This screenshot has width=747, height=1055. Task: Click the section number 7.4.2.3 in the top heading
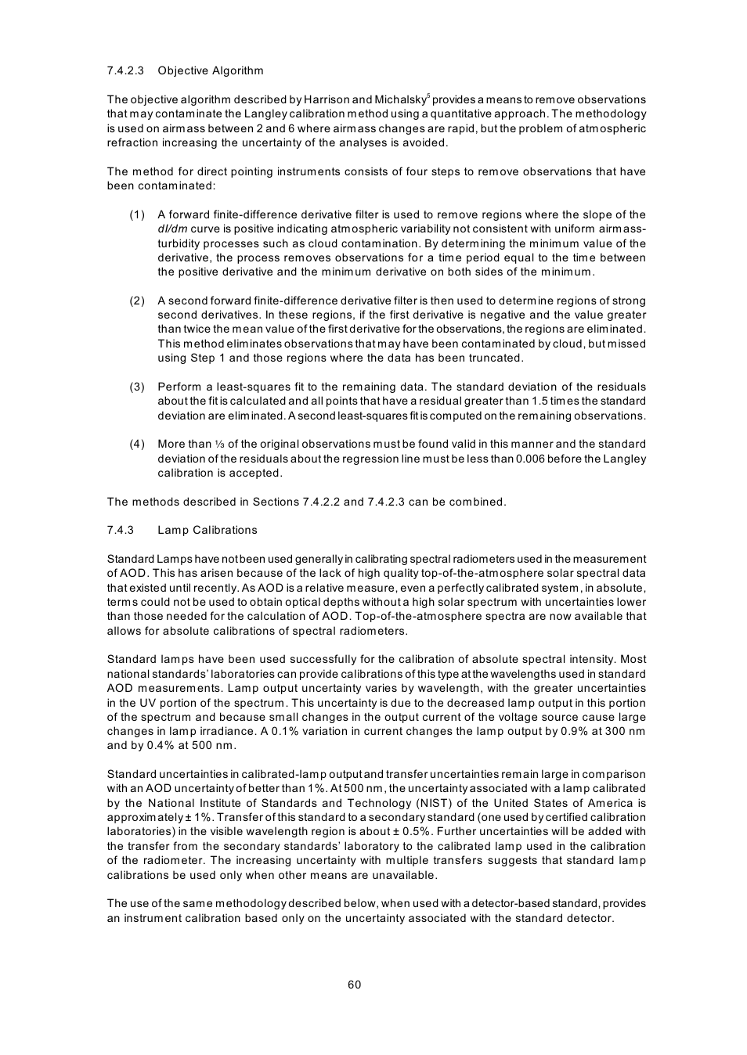(125, 70)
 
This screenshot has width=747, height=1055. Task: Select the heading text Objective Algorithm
(211, 70)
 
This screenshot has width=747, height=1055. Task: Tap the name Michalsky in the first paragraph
(400, 99)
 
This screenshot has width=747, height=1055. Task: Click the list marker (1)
(137, 214)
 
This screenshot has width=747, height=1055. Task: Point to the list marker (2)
(137, 301)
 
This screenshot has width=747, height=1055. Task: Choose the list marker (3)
(137, 387)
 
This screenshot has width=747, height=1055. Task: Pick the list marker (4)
(137, 444)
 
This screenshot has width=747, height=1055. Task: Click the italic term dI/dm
(172, 229)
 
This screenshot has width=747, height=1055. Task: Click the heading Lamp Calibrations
(207, 530)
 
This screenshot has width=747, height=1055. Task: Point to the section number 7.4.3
(121, 530)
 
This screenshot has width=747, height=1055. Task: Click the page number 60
(355, 985)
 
